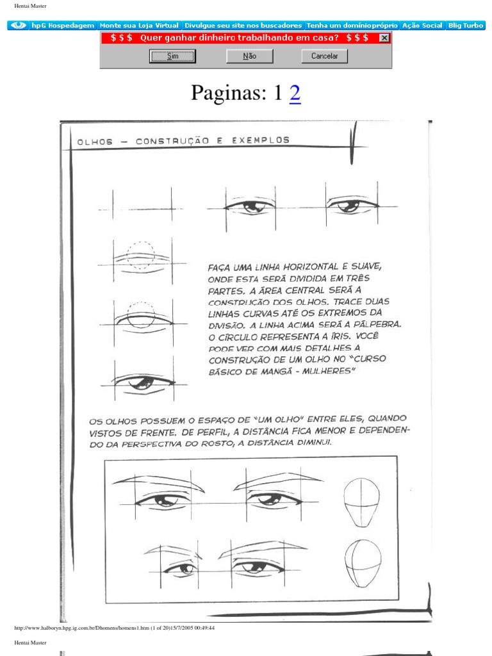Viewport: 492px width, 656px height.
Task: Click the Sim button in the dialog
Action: (172, 56)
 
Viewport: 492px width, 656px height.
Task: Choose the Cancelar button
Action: (324, 56)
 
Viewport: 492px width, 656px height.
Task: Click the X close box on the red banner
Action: (384, 38)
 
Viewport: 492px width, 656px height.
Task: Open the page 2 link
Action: (295, 94)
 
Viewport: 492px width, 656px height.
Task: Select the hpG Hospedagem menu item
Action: (63, 26)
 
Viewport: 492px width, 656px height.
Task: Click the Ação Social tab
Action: (422, 26)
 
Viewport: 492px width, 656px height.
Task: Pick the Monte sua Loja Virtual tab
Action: (139, 26)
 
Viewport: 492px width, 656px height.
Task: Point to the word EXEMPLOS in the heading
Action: (261, 140)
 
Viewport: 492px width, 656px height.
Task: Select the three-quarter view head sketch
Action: (363, 564)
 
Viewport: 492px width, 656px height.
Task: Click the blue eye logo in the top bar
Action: (19, 26)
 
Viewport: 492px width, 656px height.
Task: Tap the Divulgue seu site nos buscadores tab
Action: (243, 26)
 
